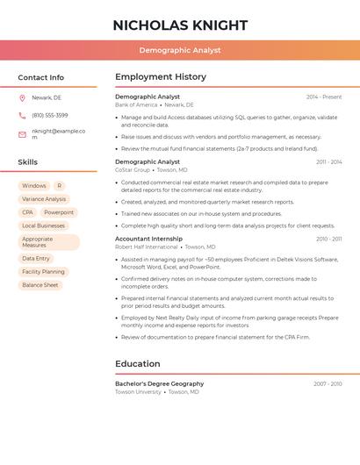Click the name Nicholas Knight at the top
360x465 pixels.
coord(180,25)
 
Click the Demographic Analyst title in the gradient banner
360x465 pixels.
coord(180,50)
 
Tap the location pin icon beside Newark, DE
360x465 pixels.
coord(22,97)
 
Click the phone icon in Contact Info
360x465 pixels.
coord(22,115)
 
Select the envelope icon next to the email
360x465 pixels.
coord(22,134)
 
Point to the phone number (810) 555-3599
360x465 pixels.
coord(50,115)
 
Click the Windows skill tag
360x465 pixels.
coord(34,186)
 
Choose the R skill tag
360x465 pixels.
coord(59,186)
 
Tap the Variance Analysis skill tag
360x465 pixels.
coord(44,199)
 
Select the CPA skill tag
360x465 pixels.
coord(27,212)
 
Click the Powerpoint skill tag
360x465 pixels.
coord(59,212)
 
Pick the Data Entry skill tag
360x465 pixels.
coord(36,259)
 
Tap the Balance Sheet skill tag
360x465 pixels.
coord(40,285)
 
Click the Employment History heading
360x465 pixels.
coord(161,77)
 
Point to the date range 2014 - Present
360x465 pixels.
coord(324,97)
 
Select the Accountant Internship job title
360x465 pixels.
coord(149,239)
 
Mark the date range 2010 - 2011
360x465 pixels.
coord(329,239)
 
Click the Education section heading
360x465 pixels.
coord(138,364)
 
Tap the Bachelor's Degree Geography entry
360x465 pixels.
coord(159,383)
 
